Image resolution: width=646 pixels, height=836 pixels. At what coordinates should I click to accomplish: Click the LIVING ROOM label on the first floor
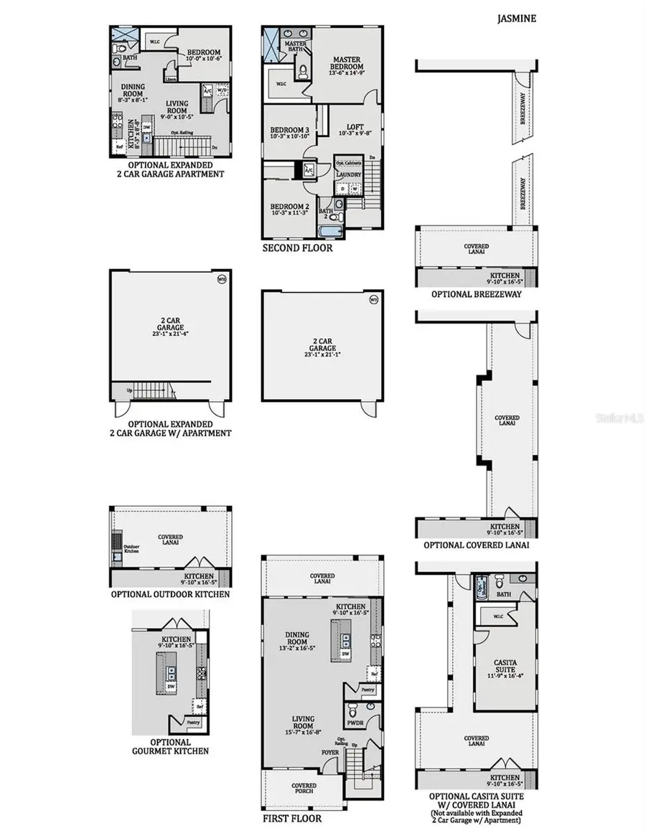click(292, 719)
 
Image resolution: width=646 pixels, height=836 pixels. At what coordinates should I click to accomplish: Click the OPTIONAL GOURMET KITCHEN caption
click(170, 746)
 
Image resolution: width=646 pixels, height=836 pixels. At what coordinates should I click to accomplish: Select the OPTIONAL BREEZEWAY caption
click(476, 294)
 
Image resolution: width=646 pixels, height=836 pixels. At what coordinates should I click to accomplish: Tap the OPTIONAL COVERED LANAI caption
click(476, 545)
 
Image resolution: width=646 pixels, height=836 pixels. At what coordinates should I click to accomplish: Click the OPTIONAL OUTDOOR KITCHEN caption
click(170, 594)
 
